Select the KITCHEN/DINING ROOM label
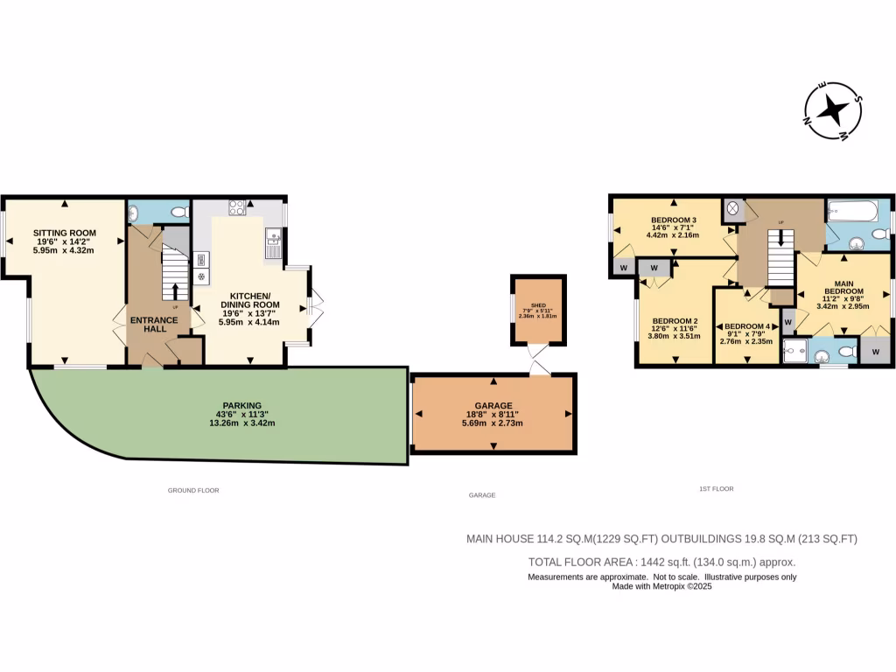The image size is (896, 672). tap(250, 302)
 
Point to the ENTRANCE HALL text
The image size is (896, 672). tap(154, 325)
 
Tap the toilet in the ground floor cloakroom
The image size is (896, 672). tap(179, 212)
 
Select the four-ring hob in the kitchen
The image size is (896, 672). tap(236, 207)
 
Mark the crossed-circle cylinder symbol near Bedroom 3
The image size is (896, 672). tap(732, 210)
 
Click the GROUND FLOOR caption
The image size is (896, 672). tap(193, 491)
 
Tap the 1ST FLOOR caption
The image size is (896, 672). tap(716, 488)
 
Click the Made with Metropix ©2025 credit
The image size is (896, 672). tap(661, 587)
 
